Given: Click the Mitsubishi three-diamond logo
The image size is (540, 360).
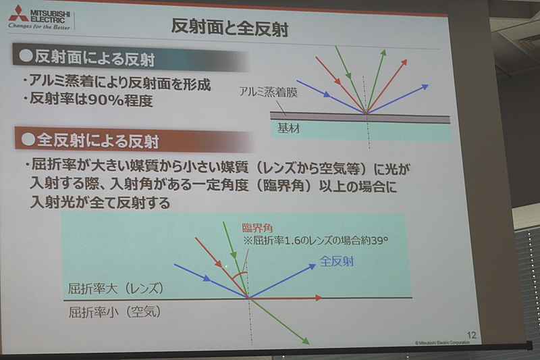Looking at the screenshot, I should [18, 11].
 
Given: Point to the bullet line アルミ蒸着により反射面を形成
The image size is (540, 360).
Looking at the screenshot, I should [115, 85].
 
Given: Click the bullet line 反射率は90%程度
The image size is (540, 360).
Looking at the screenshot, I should [87, 103].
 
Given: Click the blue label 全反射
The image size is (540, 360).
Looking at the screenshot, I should [337, 260].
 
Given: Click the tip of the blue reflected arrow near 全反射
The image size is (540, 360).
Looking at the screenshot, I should [316, 264].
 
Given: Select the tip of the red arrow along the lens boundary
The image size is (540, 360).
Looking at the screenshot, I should [323, 297].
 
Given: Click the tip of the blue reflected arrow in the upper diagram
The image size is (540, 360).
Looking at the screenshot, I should [429, 85].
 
